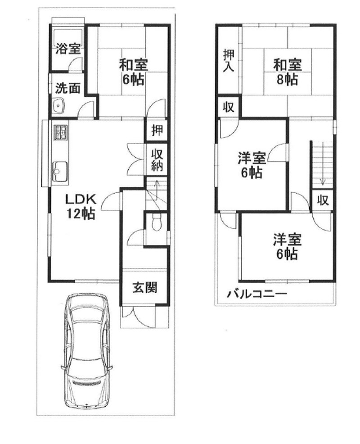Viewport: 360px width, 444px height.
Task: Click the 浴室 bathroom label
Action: pos(67,48)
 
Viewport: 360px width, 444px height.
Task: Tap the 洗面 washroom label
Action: pos(67,88)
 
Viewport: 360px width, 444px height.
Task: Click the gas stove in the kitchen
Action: pos(60,133)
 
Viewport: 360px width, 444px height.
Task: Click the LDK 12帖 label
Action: pos(81,206)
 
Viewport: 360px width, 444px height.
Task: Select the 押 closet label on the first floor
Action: pos(157,131)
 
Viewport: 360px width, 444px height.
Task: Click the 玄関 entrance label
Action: pos(144,287)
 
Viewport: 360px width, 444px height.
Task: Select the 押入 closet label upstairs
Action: pos(228,61)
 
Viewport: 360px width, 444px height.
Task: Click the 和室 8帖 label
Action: pos(286,72)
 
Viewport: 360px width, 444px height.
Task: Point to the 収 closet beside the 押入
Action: pos(229,107)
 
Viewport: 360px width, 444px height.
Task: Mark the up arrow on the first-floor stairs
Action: pos(156,185)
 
